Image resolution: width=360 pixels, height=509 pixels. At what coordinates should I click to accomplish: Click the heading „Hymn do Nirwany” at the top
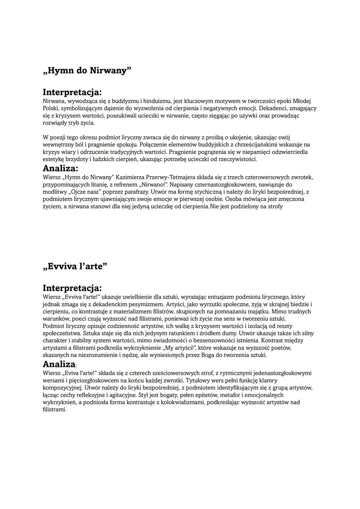pyautogui.click(x=87, y=71)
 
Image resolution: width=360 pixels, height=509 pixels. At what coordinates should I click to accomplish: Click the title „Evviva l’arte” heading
pyautogui.click(x=75, y=266)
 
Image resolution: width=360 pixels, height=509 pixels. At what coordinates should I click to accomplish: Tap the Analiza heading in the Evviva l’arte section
pyautogui.click(x=59, y=364)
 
